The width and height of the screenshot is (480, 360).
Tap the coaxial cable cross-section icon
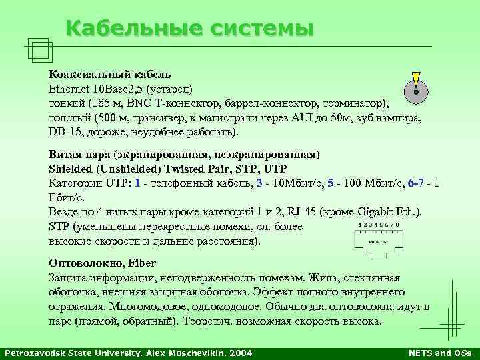pyautogui.click(x=415, y=91)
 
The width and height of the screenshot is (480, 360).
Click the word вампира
pyautogui.click(x=399, y=118)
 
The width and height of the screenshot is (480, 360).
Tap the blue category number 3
pyautogui.click(x=259, y=182)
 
